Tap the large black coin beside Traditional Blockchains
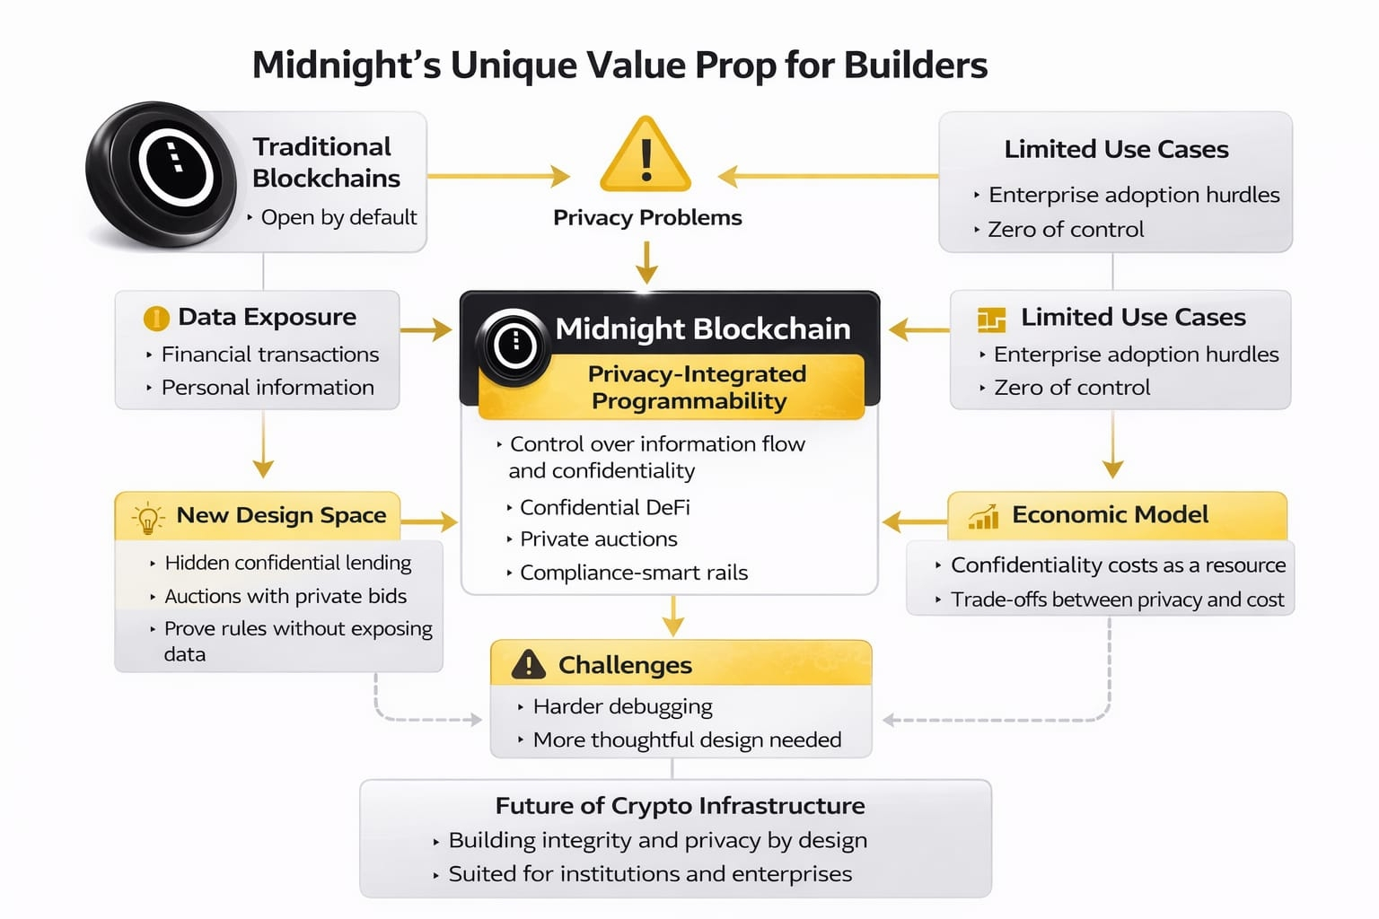[162, 174]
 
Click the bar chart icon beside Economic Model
[983, 517]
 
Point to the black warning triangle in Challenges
[528, 664]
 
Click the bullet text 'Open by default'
[338, 217]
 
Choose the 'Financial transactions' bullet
[270, 354]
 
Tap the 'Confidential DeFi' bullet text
[605, 507]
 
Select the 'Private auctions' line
[599, 539]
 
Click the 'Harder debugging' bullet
[623, 706]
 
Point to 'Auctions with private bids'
[285, 596]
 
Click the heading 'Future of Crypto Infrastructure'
[681, 806]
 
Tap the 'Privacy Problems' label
[647, 217]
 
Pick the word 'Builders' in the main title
[916, 65]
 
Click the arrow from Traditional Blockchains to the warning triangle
[498, 176]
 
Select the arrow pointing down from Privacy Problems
[646, 263]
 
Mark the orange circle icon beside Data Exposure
[156, 319]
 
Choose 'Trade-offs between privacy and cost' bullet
[1118, 599]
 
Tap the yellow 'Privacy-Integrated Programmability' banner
[672, 387]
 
